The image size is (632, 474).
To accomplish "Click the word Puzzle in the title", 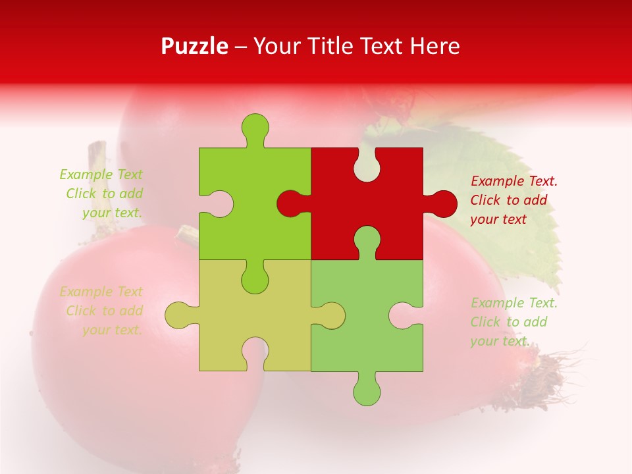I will [194, 46].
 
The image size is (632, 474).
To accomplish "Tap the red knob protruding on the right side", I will [442, 203].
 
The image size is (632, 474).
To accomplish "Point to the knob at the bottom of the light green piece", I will [367, 391].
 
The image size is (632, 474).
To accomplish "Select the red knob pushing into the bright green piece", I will [290, 203].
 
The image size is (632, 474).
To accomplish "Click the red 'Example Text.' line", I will [514, 181].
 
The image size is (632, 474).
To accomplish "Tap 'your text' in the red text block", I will [498, 219].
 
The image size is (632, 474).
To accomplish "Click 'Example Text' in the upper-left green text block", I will [101, 174].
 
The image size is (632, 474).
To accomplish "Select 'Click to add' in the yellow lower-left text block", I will [104, 311].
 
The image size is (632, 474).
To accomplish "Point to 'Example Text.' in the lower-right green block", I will [514, 303].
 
